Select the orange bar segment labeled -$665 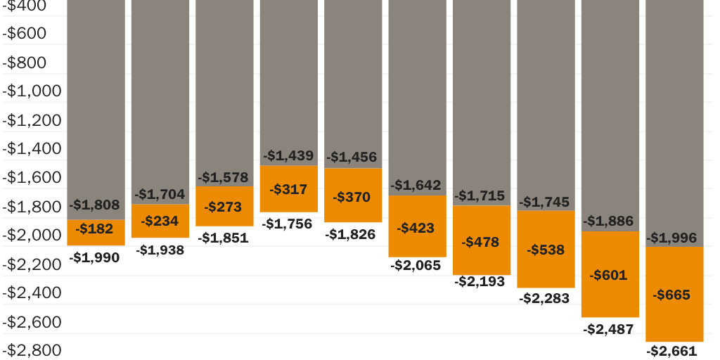pos(674,294)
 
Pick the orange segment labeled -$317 pos(288,188)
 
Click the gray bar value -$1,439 pos(288,155)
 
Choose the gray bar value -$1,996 pos(673,238)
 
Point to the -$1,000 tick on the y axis pos(32,91)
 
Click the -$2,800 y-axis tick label pos(32,349)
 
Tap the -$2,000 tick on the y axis pos(32,235)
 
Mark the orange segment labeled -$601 pos(610,274)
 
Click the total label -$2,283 pos(544,298)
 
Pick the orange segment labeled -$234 pos(160,221)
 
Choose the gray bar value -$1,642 pos(416,185)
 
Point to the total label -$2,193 pos(480,281)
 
